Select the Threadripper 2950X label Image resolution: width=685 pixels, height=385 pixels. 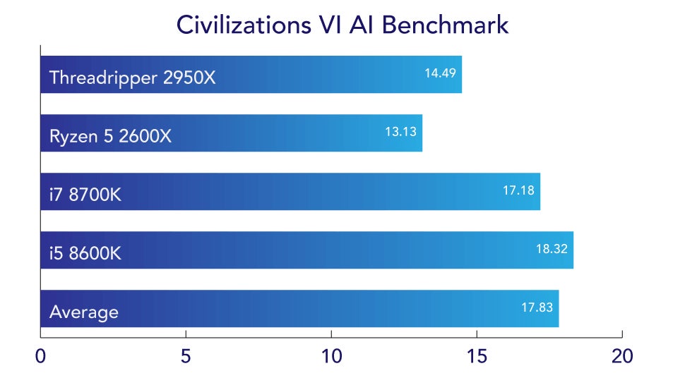coord(132,77)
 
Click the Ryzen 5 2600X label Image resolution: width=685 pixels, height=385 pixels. coord(110,135)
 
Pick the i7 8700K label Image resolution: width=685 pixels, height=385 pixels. coord(85,194)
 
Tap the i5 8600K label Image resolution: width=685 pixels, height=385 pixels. coord(85,252)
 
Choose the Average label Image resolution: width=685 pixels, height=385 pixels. coord(84,311)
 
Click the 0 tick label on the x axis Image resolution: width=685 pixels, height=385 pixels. coord(41,356)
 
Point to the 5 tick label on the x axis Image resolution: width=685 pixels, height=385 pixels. coord(186,356)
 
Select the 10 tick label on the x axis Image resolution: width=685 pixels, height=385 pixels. coord(331,356)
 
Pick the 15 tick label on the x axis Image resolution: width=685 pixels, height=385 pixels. coord(476,356)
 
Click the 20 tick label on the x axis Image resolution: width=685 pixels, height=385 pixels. coord(621,356)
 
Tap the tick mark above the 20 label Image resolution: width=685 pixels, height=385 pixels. coord(621,334)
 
